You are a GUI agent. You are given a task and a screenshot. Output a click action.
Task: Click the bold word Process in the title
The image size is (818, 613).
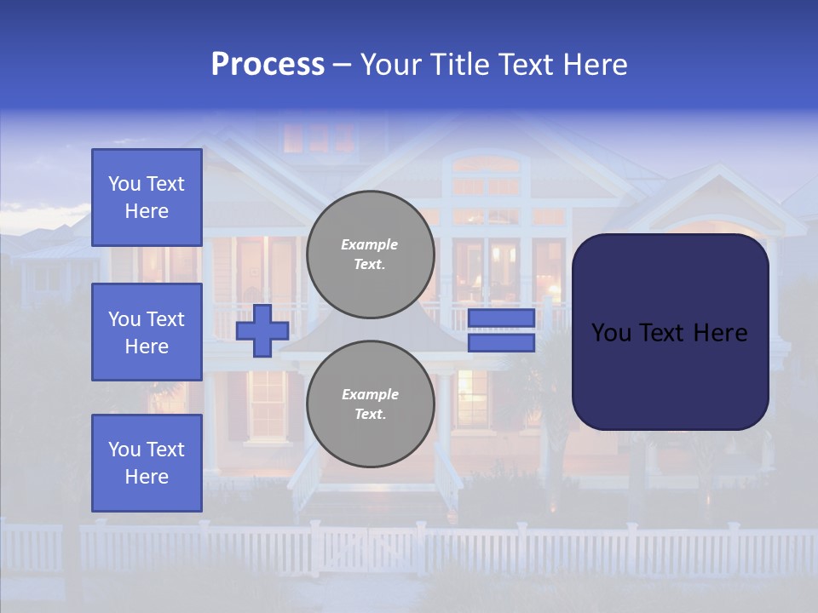click(x=268, y=65)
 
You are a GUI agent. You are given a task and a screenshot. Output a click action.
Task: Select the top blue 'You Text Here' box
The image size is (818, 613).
click(x=147, y=198)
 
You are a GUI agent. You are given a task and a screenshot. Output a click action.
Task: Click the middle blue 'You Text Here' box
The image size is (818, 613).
click(x=147, y=332)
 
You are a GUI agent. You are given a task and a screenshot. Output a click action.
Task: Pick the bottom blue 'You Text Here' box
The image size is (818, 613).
click(x=147, y=463)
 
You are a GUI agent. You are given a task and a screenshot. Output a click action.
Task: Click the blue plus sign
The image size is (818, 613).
click(x=262, y=330)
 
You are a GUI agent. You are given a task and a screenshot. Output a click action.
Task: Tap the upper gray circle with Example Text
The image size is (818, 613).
click(x=370, y=255)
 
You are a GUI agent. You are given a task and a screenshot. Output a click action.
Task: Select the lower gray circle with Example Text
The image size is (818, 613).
click(x=370, y=404)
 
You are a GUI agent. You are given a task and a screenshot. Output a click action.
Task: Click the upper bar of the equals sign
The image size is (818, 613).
click(x=501, y=318)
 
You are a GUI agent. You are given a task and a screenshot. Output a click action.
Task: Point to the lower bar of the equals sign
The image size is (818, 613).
click(x=501, y=343)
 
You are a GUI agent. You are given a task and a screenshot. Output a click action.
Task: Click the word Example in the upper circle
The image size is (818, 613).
click(x=370, y=244)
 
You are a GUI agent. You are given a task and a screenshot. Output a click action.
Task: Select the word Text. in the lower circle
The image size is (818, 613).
click(x=370, y=415)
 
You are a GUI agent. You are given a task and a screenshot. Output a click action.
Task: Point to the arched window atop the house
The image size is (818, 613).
click(x=486, y=163)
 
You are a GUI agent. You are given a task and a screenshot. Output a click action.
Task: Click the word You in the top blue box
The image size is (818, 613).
click(x=124, y=184)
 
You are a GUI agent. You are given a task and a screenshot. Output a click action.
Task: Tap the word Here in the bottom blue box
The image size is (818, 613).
click(x=147, y=477)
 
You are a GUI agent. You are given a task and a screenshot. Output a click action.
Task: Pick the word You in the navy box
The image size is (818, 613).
click(x=611, y=333)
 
